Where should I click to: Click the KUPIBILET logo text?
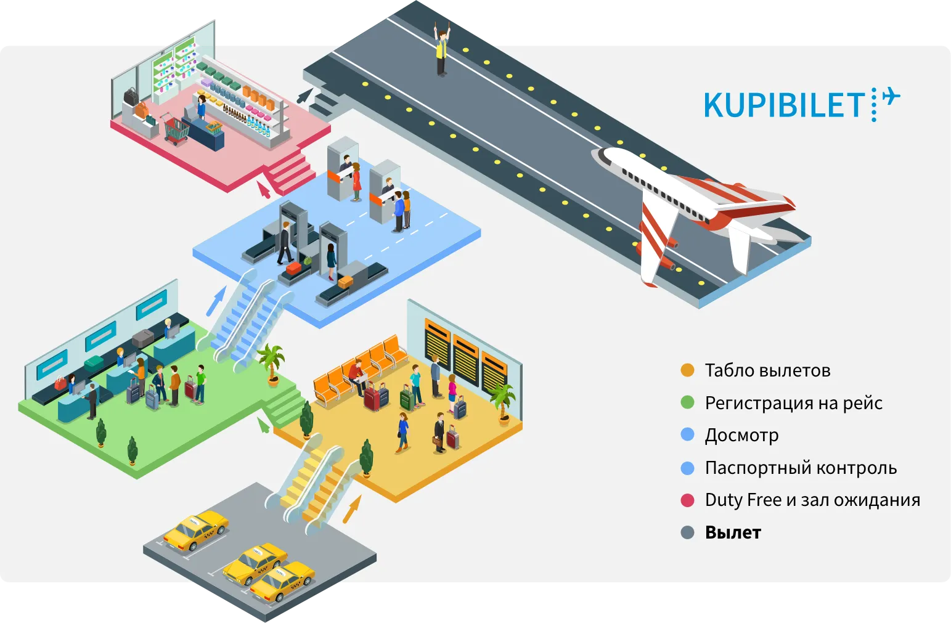784,105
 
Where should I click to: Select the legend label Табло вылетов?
767,370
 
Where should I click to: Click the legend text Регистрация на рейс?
793,403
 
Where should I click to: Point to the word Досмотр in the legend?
741,435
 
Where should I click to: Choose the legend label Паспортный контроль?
801,468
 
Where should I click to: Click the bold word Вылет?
733,532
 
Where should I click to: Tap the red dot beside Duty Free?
687,500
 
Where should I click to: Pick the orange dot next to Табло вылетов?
687,370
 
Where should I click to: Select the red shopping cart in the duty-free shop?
176,130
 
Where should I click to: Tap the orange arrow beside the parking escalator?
351,510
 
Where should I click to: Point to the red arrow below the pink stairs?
264,188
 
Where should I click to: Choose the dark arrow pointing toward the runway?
304,96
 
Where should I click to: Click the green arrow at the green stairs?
263,425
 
